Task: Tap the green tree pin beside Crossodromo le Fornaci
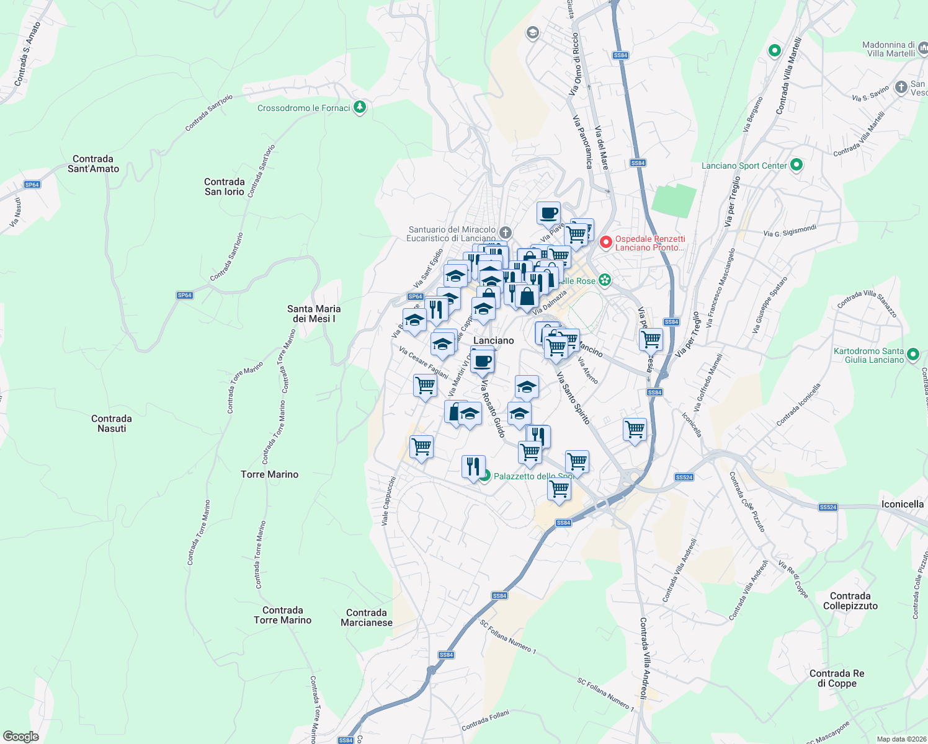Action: [x=360, y=107]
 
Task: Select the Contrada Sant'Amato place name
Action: [x=93, y=164]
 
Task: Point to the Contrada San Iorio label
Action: [x=225, y=187]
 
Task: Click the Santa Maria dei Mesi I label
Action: [x=314, y=314]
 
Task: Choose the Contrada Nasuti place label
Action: [x=112, y=423]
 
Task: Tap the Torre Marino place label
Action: [x=269, y=474]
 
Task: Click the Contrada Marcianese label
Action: [x=367, y=618]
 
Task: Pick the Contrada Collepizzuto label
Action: [x=850, y=601]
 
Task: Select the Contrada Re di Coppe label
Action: [x=837, y=678]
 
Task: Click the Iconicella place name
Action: [x=903, y=504]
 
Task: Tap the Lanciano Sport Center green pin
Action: [x=797, y=165]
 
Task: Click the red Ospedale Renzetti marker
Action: [x=606, y=242]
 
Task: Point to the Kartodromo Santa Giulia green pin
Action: [x=912, y=355]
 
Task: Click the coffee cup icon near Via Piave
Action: [x=548, y=213]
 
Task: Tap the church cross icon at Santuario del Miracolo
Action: [x=506, y=233]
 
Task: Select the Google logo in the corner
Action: [x=20, y=737]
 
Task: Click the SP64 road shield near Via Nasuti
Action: [x=32, y=185]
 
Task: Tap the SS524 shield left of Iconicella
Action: [x=828, y=507]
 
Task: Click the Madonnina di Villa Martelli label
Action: [x=888, y=49]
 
